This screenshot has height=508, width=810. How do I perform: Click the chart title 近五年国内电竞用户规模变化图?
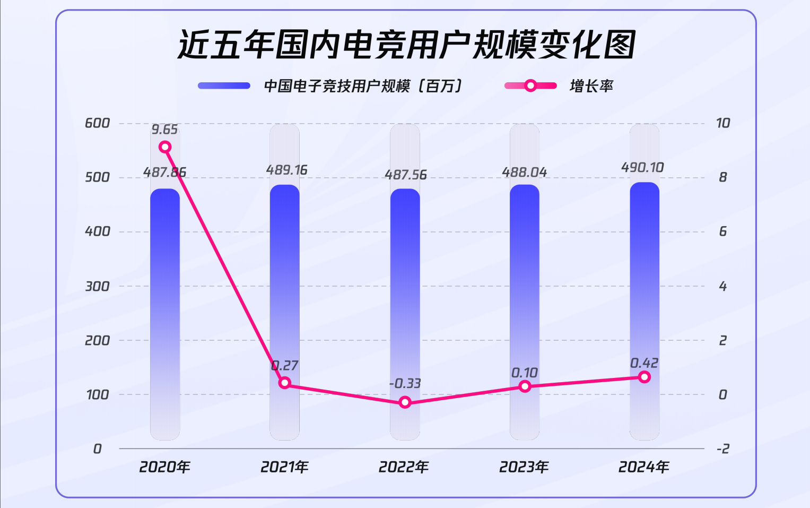[x=406, y=44]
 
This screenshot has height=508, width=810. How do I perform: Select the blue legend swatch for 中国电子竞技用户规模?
[x=224, y=86]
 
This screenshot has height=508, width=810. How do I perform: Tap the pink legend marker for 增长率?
[x=530, y=86]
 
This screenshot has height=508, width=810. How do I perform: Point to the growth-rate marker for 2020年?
[x=165, y=147]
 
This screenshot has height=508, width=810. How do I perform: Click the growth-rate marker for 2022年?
[x=405, y=402]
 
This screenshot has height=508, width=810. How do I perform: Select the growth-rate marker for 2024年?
[x=644, y=377]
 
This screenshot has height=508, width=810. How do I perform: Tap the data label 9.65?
[x=164, y=130]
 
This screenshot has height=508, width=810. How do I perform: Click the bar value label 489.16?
[x=286, y=170]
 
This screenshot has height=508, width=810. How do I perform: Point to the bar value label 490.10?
[x=642, y=168]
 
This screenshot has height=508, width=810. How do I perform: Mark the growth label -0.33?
[x=405, y=383]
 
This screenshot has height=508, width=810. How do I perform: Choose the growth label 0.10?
[x=525, y=373]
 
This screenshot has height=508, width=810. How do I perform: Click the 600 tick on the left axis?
[x=98, y=123]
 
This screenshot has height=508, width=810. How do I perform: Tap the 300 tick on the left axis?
[x=98, y=287]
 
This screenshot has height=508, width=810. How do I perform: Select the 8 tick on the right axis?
[x=722, y=177]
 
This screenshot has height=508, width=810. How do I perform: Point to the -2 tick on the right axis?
[x=722, y=449]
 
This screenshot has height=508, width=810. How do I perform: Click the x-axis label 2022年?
[x=404, y=467]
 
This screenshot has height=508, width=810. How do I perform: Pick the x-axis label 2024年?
[x=644, y=467]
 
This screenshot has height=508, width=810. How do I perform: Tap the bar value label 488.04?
[x=525, y=173]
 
